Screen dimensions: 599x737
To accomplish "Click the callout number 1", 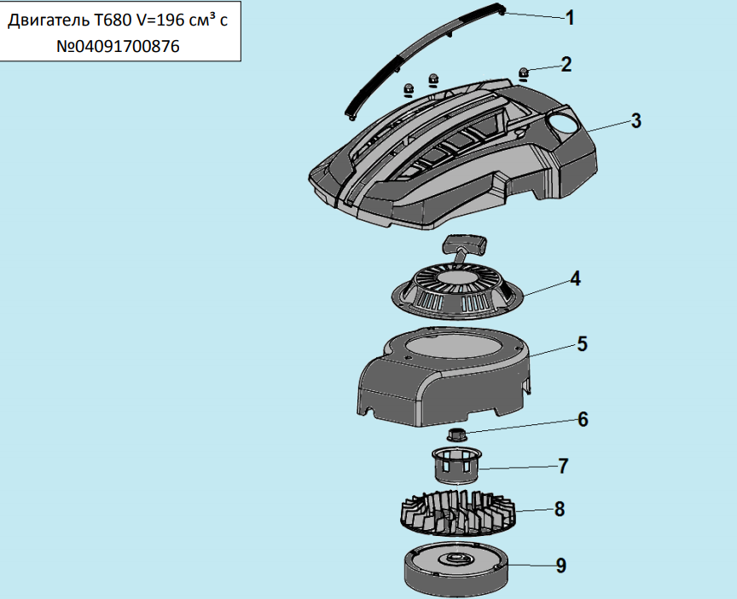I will [x=571, y=18].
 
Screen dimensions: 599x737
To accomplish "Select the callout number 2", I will [x=566, y=64].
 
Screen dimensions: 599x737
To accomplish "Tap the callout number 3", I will [x=635, y=120].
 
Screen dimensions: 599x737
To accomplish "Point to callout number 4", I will [x=576, y=279].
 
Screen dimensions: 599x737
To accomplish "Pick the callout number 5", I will [x=582, y=344].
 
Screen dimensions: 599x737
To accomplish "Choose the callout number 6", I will [x=583, y=419].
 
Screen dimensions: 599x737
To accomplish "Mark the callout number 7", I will [x=563, y=466].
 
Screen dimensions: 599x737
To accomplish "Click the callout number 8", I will [x=559, y=510].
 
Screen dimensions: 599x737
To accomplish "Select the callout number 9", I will [x=560, y=566].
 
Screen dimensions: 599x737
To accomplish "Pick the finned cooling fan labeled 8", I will [x=458, y=510].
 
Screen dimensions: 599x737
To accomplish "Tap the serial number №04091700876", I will [x=118, y=48].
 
